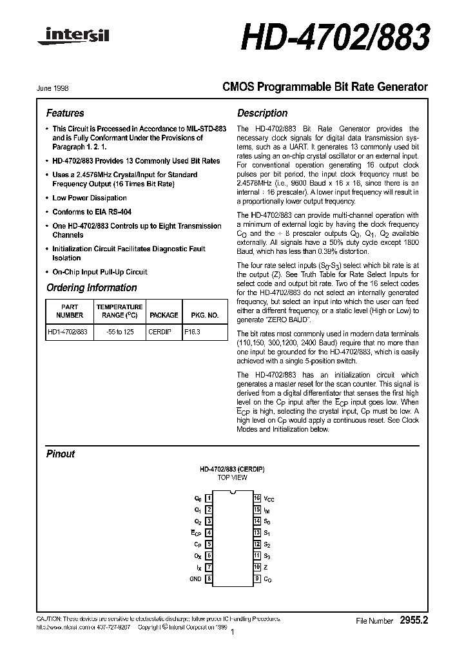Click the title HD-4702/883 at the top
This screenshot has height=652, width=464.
(335, 39)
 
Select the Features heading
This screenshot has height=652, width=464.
(65, 113)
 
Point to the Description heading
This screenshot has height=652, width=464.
(262, 113)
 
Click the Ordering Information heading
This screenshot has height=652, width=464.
(92, 288)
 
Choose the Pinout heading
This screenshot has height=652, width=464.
(61, 454)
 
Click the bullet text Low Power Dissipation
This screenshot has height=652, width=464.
(89, 198)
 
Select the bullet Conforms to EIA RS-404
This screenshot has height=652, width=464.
(93, 212)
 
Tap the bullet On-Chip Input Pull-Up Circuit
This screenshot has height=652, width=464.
(99, 272)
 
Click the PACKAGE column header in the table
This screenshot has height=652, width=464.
(164, 316)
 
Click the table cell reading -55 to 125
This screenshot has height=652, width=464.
(119, 332)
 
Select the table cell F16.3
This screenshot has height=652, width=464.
(193, 332)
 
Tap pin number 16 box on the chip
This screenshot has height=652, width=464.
(256, 499)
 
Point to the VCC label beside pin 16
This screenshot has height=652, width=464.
(269, 499)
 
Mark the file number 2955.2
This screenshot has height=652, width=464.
(413, 620)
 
